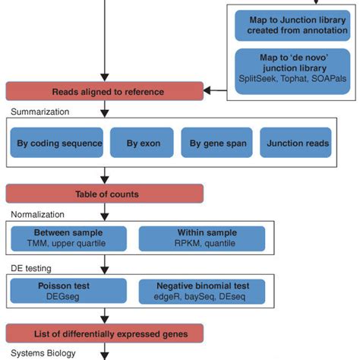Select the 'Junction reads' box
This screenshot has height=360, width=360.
[295, 143]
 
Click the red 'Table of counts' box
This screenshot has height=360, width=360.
[106, 194]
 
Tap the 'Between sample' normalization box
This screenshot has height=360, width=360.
[68, 238]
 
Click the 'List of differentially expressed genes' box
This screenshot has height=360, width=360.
[106, 333]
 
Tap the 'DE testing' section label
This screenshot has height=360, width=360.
[28, 267]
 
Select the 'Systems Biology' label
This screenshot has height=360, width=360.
[39, 352]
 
